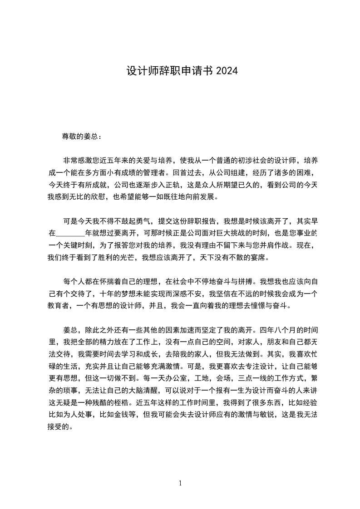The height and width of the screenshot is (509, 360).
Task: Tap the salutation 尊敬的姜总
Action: (79, 136)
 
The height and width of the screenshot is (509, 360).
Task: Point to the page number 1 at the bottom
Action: (180, 483)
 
